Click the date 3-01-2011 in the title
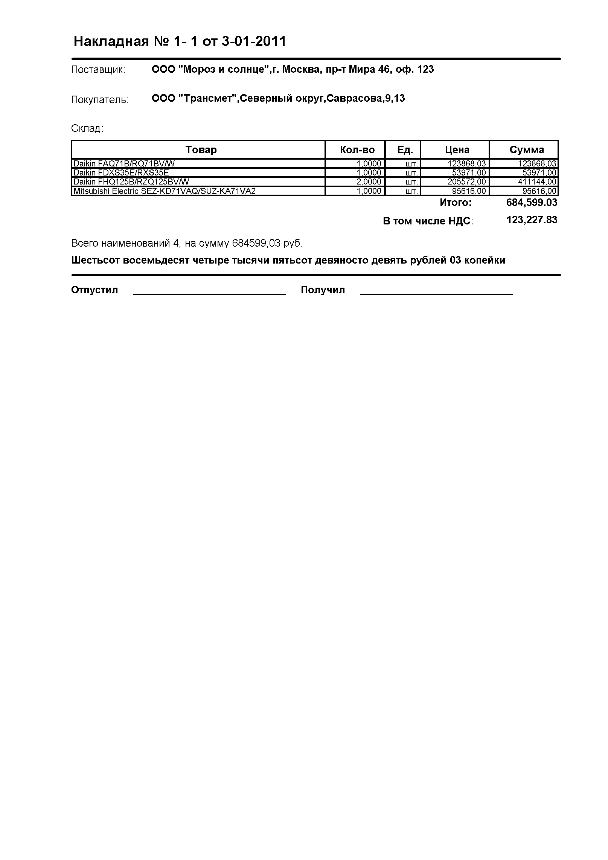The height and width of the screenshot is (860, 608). click(x=254, y=41)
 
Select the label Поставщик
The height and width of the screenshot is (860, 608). click(x=98, y=70)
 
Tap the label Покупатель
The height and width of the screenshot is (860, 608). click(x=100, y=100)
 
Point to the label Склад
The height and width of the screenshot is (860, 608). click(x=87, y=129)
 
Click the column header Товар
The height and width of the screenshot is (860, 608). click(x=201, y=150)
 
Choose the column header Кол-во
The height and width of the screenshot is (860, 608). click(x=357, y=150)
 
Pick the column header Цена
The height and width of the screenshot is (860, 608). click(x=457, y=150)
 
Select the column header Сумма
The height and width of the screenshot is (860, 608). click(x=526, y=150)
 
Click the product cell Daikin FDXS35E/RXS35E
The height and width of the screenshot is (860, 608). click(x=121, y=173)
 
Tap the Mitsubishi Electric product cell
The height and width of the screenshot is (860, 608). click(x=165, y=191)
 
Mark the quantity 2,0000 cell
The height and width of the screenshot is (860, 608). click(x=369, y=182)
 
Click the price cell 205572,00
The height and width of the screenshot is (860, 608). click(x=466, y=182)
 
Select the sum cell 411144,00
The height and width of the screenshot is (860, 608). click(x=537, y=182)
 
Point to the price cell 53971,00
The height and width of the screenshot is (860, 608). click(x=469, y=173)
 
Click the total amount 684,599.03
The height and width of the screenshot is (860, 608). click(x=532, y=203)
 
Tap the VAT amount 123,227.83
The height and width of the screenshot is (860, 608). click(x=532, y=220)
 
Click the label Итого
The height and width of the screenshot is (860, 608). click(x=456, y=203)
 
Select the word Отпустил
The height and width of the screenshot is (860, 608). click(x=94, y=290)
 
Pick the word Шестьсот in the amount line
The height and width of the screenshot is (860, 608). click(x=95, y=260)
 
